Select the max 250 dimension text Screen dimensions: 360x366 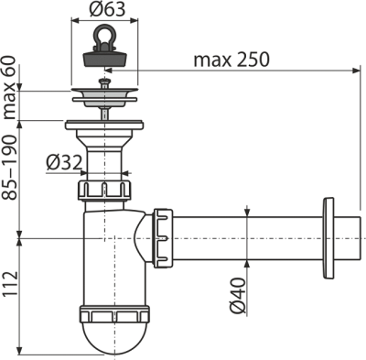click(x=230, y=60)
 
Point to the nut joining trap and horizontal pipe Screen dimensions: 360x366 click(x=163, y=237)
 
